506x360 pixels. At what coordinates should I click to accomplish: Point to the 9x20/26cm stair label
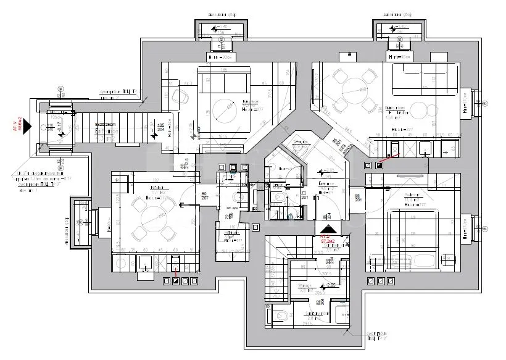click(106, 125)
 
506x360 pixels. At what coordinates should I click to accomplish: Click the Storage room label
click(307, 287)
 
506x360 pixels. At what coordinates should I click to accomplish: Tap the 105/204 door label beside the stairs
click(160, 128)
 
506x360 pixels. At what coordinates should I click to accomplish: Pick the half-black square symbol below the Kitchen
click(176, 282)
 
